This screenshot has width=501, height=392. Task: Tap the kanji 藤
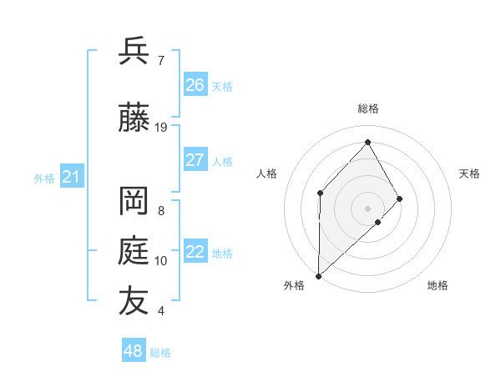tap(134, 119)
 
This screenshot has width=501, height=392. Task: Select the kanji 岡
tap(134, 203)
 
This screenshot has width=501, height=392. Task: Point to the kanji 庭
tap(134, 251)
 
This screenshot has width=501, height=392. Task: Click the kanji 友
tap(134, 301)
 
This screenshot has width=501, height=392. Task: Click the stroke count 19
tap(161, 128)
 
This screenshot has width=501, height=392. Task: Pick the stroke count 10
tap(161, 261)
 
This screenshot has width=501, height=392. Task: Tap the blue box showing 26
tap(195, 85)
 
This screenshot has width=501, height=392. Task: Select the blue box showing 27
tap(195, 160)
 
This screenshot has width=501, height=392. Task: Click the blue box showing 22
tap(195, 252)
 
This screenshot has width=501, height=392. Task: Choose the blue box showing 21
tap(72, 177)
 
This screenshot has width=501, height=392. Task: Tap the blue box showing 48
tap(134, 351)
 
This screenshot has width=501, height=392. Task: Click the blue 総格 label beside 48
tap(161, 353)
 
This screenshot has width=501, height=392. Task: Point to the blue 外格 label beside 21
tap(44, 178)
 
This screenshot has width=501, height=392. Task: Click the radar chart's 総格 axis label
tap(368, 108)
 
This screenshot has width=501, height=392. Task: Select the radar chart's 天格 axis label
tap(470, 173)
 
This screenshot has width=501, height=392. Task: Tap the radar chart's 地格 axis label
tap(438, 285)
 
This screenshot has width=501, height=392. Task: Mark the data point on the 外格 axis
tap(318, 275)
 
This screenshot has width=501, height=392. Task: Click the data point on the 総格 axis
tap(367, 141)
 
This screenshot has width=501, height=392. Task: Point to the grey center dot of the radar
tap(367, 208)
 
